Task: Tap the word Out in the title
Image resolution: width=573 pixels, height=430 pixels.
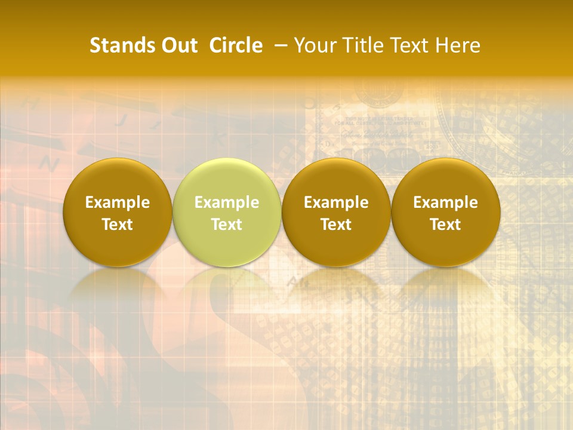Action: click(177, 45)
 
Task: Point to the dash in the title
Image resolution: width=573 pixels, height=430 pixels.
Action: click(281, 45)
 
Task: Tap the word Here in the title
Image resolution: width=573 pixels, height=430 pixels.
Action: click(458, 45)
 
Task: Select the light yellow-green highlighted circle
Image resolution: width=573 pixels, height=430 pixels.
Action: click(226, 212)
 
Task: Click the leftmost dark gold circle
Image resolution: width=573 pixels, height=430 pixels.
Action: click(117, 212)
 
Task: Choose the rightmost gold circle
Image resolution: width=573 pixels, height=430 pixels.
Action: click(445, 212)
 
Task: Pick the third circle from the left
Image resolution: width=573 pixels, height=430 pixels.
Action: click(336, 212)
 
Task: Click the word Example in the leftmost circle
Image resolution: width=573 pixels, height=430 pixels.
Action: click(117, 202)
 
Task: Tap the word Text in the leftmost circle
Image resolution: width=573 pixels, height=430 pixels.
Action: click(117, 225)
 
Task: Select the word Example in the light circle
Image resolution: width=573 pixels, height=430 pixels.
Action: click(226, 202)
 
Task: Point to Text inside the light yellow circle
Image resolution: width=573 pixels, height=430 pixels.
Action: click(226, 225)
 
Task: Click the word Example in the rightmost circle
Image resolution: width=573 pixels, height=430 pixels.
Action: click(445, 202)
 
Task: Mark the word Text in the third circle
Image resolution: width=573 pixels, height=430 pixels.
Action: click(336, 225)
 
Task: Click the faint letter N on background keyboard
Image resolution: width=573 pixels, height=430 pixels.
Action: click(53, 164)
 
